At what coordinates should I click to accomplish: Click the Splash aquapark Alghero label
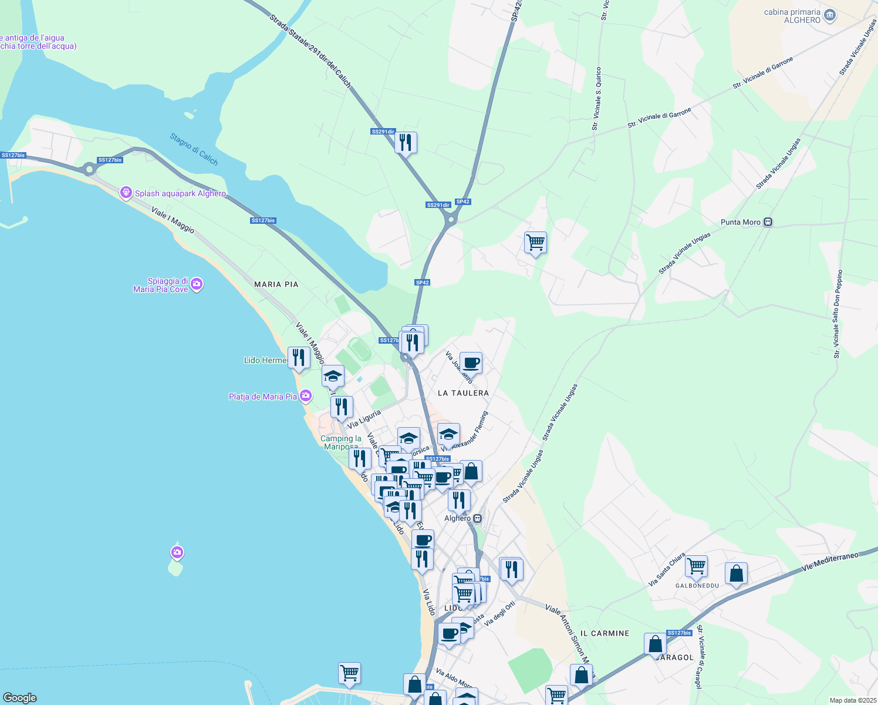[x=180, y=193]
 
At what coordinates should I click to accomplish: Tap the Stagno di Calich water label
[x=194, y=149]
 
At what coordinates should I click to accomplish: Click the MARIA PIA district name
[x=276, y=284]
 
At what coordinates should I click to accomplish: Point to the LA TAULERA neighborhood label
[x=463, y=392]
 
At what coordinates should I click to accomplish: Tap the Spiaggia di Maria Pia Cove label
[x=161, y=285]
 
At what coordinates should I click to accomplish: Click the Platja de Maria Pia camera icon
[x=305, y=396]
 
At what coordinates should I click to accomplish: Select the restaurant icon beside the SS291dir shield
[x=406, y=142]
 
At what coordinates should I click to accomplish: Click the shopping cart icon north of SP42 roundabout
[x=535, y=242]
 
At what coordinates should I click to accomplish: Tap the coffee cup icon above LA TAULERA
[x=471, y=363]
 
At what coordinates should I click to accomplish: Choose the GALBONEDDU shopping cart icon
[x=696, y=566]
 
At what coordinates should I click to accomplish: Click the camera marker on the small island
[x=177, y=552]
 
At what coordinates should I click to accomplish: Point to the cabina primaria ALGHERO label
[x=792, y=16]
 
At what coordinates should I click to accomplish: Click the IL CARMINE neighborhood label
[x=605, y=633]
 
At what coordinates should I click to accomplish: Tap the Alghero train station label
[x=458, y=518]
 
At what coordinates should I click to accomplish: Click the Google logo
[x=20, y=698]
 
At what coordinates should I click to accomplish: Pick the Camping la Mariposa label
[x=341, y=442]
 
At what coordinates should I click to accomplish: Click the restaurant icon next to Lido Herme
[x=299, y=357]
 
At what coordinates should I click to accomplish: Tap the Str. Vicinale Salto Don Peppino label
[x=838, y=314]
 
